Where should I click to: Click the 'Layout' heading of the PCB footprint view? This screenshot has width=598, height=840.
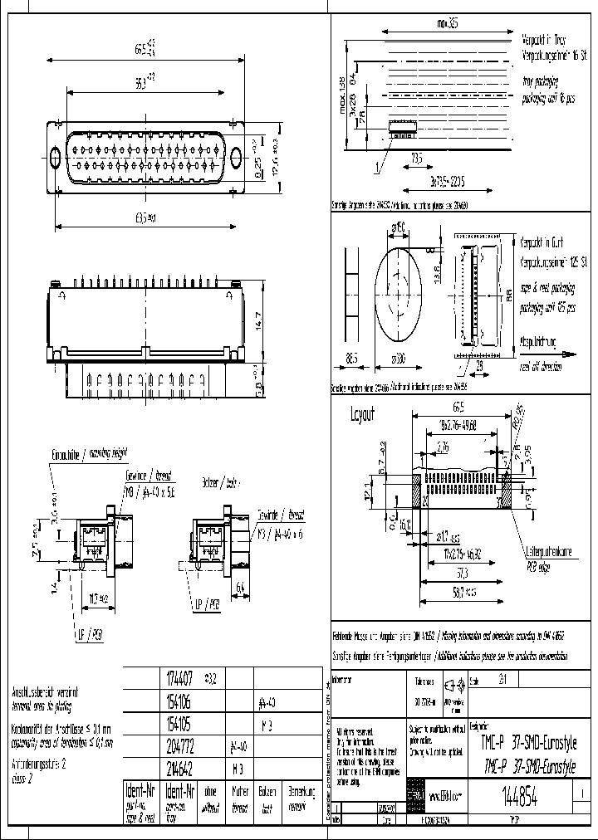coord(363,413)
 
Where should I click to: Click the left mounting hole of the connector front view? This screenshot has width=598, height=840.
coord(56,157)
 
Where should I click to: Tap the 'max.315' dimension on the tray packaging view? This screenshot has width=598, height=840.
coord(444,24)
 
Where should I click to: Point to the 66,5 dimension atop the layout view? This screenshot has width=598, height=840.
coord(458,407)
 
